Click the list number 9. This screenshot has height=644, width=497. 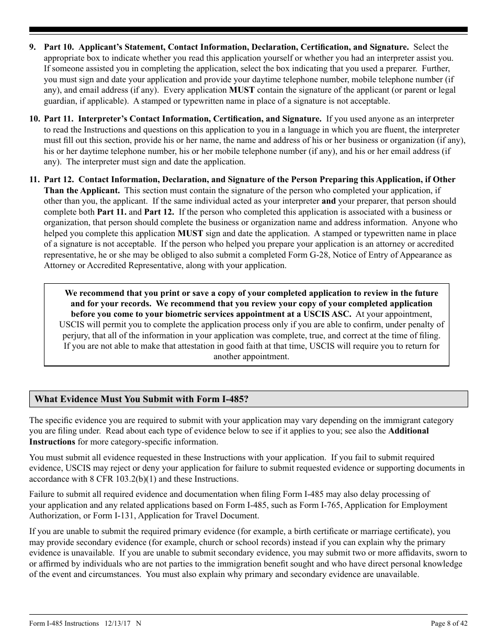point(32,47)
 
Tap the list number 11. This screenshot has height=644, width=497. point(34,180)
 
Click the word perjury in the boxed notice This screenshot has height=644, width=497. point(76,336)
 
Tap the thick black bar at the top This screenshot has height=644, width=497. point(249,30)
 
